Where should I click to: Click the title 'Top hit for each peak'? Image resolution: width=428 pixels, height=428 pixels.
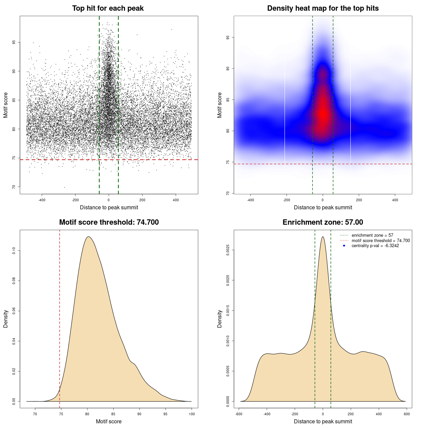108,8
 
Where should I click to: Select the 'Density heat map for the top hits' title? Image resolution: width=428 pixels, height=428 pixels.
323,8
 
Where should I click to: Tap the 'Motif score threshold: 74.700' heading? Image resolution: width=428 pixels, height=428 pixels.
109,222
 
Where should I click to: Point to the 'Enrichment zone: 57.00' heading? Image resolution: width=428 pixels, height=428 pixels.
323,222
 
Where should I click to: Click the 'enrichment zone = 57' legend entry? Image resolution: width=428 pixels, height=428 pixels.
372,235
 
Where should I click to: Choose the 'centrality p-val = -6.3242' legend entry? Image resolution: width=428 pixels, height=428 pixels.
375,246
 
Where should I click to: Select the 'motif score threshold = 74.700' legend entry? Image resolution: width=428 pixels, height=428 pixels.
381,241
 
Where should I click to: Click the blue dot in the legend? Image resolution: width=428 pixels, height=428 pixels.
344,246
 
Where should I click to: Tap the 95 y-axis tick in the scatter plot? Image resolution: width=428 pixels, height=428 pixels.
14,42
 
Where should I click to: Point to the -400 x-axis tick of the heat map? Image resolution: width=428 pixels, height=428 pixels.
250,200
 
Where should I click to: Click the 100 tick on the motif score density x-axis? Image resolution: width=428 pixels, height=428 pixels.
192,414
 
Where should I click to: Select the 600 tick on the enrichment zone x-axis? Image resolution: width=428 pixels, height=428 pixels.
407,414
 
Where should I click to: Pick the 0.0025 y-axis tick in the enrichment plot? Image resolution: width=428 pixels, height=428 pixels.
228,250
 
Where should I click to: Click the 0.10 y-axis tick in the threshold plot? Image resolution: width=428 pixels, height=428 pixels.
14,251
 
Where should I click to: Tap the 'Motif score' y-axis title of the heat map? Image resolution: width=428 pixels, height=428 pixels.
220,105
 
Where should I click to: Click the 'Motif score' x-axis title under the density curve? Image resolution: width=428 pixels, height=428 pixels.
109,422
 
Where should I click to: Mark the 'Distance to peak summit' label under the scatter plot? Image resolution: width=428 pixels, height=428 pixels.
109,208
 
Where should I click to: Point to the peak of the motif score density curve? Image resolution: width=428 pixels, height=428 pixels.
88,237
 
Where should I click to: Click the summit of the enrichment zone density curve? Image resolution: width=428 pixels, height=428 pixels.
323,237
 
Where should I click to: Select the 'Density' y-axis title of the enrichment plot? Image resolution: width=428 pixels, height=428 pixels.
220,319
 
